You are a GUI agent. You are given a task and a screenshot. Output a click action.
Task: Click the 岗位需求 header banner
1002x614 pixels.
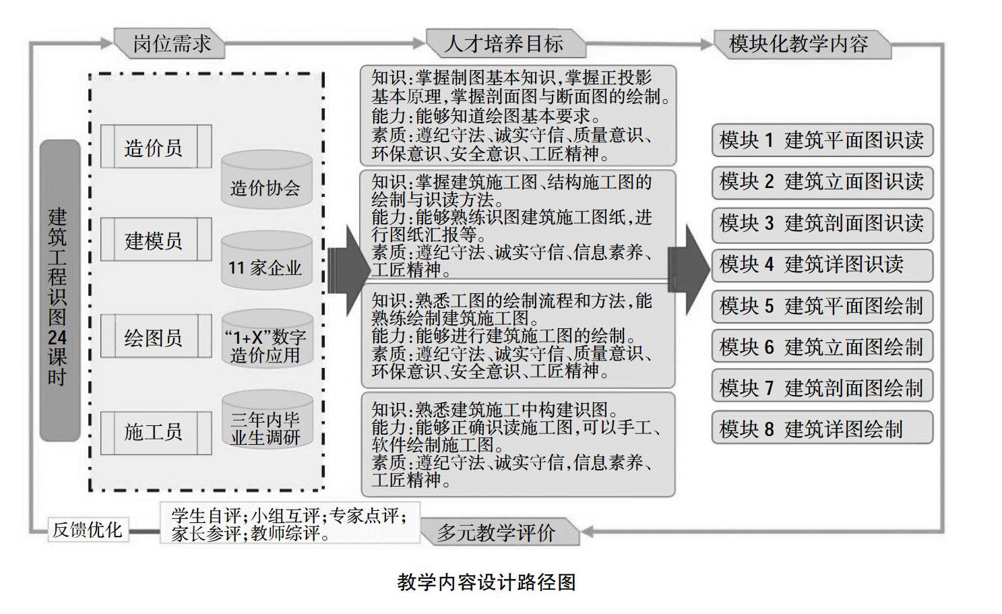[171, 44]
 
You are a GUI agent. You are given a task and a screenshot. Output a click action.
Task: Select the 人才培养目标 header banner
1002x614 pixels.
[504, 44]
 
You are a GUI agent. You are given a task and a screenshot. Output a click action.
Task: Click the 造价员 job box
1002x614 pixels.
[154, 147]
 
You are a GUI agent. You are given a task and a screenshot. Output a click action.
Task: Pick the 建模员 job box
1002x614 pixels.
[154, 240]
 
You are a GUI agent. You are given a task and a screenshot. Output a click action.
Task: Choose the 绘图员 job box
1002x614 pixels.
[154, 337]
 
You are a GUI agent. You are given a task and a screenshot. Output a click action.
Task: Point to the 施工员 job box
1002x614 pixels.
[154, 431]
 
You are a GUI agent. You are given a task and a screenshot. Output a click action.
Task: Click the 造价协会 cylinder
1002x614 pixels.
[266, 181]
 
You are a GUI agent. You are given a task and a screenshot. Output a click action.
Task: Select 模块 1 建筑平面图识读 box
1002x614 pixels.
[821, 140]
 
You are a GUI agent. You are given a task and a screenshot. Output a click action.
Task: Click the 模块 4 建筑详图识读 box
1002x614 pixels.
[821, 264]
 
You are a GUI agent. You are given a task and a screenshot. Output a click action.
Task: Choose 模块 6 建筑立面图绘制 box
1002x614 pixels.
[821, 346]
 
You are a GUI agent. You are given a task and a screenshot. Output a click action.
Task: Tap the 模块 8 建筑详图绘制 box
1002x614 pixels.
[821, 429]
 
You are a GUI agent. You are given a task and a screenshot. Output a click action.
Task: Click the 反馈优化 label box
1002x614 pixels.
[88, 530]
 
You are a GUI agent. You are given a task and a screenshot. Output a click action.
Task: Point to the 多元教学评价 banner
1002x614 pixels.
[497, 532]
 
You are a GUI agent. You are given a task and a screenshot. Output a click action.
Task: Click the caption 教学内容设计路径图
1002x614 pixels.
[487, 582]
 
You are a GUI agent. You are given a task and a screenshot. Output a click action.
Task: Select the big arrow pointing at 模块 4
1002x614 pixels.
[690, 269]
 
